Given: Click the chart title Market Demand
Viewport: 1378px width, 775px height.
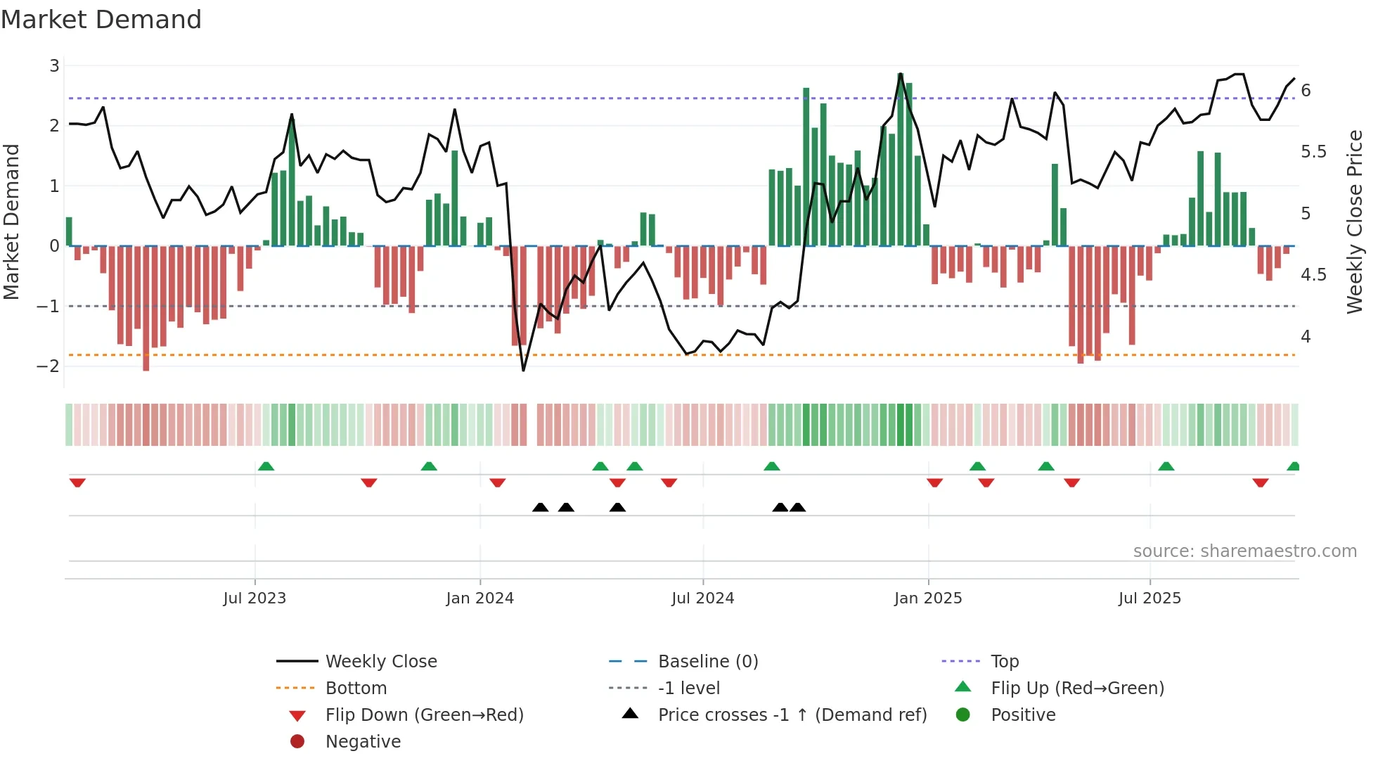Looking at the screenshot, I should pyautogui.click(x=101, y=20).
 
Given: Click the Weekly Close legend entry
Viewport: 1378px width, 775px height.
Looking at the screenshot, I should pyautogui.click(x=380, y=662).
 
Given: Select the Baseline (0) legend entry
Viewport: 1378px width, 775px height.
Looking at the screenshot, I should pyautogui.click(x=707, y=662).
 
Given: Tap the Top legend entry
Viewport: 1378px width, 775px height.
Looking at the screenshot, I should pyautogui.click(x=1004, y=662).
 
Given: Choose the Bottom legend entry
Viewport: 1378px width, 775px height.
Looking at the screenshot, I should pyautogui.click(x=356, y=688).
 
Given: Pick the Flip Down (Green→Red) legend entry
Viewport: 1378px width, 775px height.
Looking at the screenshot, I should pyautogui.click(x=424, y=715).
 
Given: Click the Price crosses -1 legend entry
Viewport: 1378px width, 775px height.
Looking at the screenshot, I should pyautogui.click(x=792, y=715).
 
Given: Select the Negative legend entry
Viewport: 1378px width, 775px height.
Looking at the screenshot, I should pyautogui.click(x=363, y=742).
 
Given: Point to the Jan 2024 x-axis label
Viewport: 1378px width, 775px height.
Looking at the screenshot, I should pyautogui.click(x=480, y=598).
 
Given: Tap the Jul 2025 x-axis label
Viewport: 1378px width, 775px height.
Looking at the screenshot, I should pyautogui.click(x=1150, y=598).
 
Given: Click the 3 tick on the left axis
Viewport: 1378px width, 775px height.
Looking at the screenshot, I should pyautogui.click(x=54, y=66).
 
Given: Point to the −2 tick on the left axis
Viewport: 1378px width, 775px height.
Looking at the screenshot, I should pyautogui.click(x=49, y=366).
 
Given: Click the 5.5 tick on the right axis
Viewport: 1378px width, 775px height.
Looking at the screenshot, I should pyautogui.click(x=1313, y=152).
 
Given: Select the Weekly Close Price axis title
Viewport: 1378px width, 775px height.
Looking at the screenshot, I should pyautogui.click(x=1354, y=222).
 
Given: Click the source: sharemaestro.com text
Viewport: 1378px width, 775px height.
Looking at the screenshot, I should pyautogui.click(x=1244, y=551).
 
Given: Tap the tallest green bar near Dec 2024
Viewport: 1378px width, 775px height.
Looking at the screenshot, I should pyautogui.click(x=901, y=162).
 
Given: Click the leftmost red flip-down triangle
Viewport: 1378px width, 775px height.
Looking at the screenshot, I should pyautogui.click(x=77, y=482).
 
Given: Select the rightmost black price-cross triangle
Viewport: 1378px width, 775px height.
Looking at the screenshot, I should pyautogui.click(x=797, y=507).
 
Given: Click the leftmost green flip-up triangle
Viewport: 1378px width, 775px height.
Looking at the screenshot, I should pyautogui.click(x=266, y=466).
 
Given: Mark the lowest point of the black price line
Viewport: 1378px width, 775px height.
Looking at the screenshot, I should pyautogui.click(x=523, y=370).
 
